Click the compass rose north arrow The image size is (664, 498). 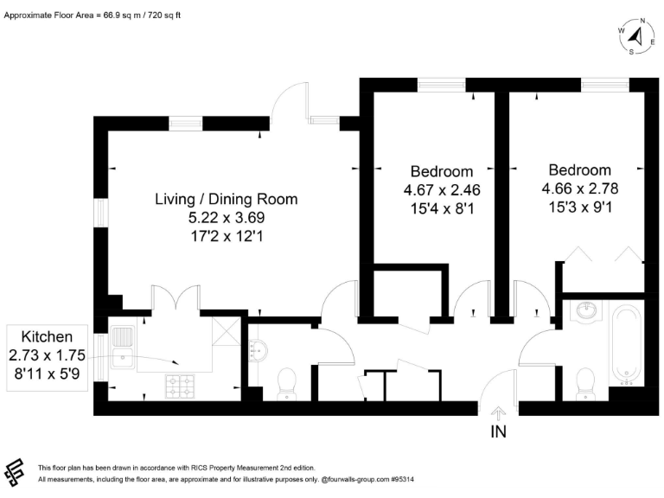point(636,35)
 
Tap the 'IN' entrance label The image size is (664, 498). point(498,432)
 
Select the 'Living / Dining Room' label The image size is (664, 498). point(227,199)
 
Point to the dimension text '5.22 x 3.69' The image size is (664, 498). point(227,218)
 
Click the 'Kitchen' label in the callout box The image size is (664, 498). point(47,337)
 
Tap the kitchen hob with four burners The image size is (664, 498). point(181,386)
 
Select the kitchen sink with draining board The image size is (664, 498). point(123,348)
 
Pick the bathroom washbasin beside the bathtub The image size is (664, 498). point(586,310)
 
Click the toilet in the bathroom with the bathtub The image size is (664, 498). point(585,383)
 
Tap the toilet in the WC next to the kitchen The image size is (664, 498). point(287,384)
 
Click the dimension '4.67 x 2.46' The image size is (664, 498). point(442,190)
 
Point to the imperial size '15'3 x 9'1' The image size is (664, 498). point(580,207)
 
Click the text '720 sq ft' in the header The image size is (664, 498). point(164,16)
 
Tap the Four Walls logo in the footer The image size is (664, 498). point(14,472)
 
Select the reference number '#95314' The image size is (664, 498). point(402,480)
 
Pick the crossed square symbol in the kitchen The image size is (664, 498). point(227,331)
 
